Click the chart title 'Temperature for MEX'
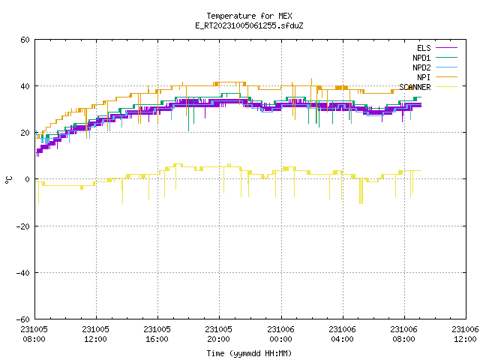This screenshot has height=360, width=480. coord(249,16)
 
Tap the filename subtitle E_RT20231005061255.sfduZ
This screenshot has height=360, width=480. coord(249,25)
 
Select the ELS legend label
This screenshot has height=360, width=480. coord(424,48)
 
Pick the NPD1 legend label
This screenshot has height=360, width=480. coord(421,58)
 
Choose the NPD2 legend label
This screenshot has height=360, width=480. coord(421,67)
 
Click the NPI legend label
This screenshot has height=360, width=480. coord(424,77)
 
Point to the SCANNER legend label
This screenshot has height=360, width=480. coord(415,87)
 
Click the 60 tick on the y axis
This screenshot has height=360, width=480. coord(25,40)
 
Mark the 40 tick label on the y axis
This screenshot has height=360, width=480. coord(25,86)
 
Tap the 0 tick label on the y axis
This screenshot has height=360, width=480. coord(28,179)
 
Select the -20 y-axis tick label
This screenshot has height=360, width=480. coord(22,226)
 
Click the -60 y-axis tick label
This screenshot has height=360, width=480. coord(22,319)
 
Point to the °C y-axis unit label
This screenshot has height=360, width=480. coord(8,180)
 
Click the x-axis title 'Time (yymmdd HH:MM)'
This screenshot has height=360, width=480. coord(249,353)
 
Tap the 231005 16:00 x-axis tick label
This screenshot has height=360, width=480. coord(157,334)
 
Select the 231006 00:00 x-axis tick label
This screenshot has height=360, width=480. coord(280,334)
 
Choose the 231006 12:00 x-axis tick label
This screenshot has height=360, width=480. coord(465,334)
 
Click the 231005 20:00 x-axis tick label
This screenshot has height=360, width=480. coord(218,334)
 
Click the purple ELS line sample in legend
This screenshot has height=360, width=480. coord(447,48)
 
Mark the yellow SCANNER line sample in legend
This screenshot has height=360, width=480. coord(447,87)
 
